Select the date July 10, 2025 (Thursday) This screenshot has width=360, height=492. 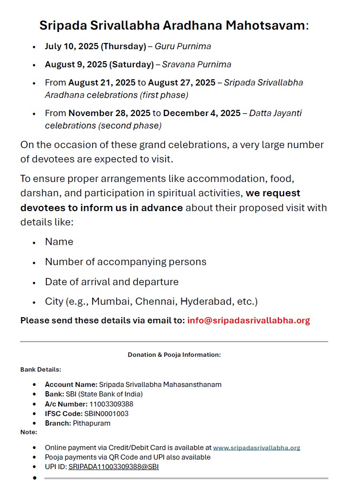[95, 46]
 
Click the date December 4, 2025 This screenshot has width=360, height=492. [202, 113]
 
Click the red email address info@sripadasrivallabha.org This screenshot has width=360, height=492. [249, 321]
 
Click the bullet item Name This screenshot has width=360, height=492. [59, 242]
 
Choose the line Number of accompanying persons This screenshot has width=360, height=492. [126, 262]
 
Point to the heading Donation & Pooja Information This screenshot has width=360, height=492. [174, 355]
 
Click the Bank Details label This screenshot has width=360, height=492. [41, 369]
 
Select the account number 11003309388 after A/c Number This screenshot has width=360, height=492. [111, 404]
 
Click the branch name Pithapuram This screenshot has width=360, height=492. [92, 423]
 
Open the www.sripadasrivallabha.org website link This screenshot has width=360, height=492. [256, 448]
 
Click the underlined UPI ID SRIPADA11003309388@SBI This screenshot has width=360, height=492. [114, 467]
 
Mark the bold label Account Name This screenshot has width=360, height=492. [71, 385]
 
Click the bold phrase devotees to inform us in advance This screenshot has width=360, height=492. [101, 208]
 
